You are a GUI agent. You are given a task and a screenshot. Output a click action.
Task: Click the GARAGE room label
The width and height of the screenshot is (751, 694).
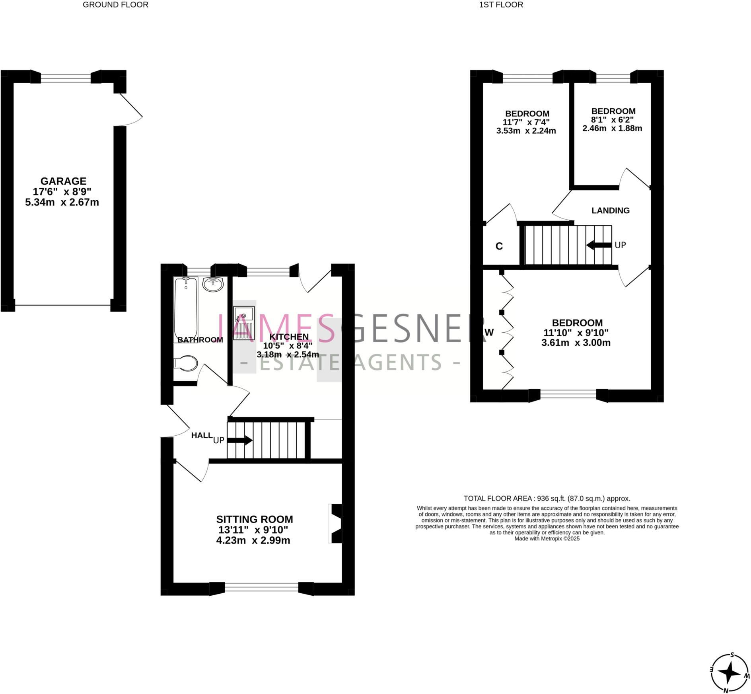pyautogui.click(x=63, y=181)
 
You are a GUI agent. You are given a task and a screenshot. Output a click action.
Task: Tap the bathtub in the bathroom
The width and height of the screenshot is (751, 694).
pyautogui.click(x=186, y=308)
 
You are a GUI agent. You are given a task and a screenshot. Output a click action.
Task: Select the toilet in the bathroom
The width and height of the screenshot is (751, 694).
pyautogui.click(x=186, y=363)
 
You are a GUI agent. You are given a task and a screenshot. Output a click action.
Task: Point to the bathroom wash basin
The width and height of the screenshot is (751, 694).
pyautogui.click(x=213, y=284)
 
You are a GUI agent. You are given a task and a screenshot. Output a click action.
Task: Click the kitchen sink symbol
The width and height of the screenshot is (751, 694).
pyautogui.click(x=244, y=323)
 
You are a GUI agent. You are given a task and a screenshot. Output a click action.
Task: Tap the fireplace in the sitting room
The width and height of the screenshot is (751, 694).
pyautogui.click(x=335, y=523)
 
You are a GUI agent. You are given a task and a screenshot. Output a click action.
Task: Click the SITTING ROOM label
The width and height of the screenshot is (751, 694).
pyautogui.click(x=255, y=519)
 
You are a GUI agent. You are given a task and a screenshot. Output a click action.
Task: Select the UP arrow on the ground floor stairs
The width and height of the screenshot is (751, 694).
pyautogui.click(x=239, y=440)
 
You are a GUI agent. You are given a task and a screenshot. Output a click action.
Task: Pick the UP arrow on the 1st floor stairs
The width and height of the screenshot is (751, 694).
pyautogui.click(x=599, y=245)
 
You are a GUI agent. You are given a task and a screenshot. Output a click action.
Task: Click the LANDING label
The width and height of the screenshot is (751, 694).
pyautogui.click(x=610, y=211)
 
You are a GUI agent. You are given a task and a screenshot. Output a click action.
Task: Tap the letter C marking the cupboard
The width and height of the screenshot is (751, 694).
pyautogui.click(x=499, y=246)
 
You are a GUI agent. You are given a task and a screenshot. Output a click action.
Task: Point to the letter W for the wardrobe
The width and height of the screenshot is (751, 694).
pyautogui.click(x=489, y=332)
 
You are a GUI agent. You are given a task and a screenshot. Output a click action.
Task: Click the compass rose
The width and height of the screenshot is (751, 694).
pyautogui.click(x=729, y=673)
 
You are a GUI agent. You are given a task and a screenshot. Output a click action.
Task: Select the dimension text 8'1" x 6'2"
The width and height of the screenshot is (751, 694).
pyautogui.click(x=612, y=120)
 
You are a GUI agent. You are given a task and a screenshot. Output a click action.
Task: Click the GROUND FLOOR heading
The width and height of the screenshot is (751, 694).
pyautogui.click(x=115, y=5)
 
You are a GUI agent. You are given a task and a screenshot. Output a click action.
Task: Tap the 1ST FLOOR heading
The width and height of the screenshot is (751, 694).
pyautogui.click(x=501, y=5)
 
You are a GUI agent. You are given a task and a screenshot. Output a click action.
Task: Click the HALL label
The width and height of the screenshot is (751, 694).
pyautogui.click(x=202, y=435)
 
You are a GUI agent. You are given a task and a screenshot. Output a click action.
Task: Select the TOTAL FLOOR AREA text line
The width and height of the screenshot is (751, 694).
pyautogui.click(x=547, y=498)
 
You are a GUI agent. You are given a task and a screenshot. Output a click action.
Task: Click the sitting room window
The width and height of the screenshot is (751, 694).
pyautogui.click(x=261, y=587)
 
